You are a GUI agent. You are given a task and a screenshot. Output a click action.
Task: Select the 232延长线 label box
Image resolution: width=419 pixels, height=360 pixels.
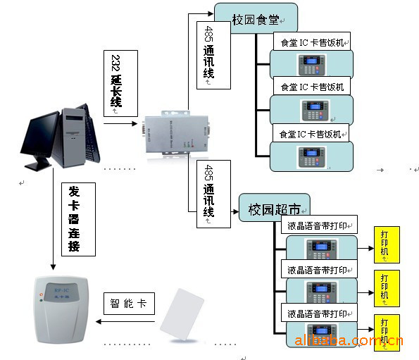[x=118, y=83]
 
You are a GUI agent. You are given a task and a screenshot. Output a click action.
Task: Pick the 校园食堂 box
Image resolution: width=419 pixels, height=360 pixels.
[x=256, y=18]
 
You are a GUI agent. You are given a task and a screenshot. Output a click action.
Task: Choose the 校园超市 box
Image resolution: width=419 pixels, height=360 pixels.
[x=274, y=209]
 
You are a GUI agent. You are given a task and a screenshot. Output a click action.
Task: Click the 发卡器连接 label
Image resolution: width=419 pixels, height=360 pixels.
[x=73, y=218]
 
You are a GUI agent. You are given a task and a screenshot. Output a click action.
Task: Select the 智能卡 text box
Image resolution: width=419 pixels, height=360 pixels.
[x=127, y=304]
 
